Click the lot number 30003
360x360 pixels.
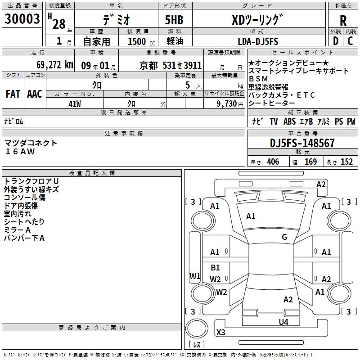point(22,19)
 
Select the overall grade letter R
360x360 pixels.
point(343,21)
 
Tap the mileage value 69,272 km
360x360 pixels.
point(55,65)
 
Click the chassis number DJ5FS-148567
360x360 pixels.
point(302,143)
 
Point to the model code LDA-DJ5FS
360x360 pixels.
point(258,41)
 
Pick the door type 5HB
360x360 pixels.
point(174,20)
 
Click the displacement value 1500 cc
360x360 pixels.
point(141,41)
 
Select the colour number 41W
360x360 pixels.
point(75,104)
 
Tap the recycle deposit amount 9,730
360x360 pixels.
point(227,104)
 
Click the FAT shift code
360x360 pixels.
point(13,94)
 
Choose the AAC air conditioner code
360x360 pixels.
point(35,94)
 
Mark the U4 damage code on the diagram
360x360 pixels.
point(283,322)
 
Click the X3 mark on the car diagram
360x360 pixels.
point(220,332)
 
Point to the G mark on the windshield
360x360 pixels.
point(284,237)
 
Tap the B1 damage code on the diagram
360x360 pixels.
point(215,267)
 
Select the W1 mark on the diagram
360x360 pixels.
point(195,276)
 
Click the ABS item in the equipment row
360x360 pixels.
point(289,121)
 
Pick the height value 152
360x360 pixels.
point(346,162)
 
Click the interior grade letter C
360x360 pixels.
point(350,41)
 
